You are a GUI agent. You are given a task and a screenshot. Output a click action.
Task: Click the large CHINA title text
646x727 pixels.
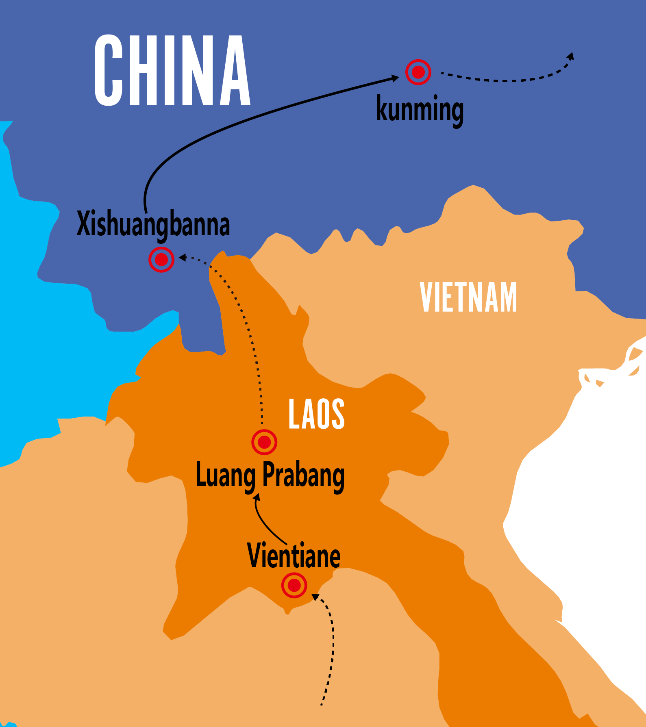point(172,71)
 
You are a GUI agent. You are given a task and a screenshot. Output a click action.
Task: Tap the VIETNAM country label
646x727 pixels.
point(468,297)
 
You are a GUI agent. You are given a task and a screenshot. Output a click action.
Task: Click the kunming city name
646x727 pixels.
point(420,109)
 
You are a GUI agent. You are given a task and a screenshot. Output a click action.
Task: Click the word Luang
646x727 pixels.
point(226,475)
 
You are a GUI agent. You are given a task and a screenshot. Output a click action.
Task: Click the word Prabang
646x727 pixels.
point(303,475)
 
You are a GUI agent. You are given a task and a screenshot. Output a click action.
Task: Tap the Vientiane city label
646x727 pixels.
point(294,556)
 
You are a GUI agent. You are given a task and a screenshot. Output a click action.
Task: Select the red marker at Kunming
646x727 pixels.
point(418,72)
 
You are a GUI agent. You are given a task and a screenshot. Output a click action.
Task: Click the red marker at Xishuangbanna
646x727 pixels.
point(161,259)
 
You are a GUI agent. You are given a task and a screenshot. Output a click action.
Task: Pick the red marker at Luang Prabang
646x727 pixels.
point(264,442)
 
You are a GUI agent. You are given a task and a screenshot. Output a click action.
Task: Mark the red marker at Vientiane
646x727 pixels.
point(294,585)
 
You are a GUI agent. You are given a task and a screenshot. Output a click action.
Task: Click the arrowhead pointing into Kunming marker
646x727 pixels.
point(396,78)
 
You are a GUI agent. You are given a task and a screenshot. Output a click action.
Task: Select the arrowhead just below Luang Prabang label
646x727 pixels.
point(257,497)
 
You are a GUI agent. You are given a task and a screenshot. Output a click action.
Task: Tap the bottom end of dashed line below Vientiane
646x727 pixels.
point(321,705)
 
